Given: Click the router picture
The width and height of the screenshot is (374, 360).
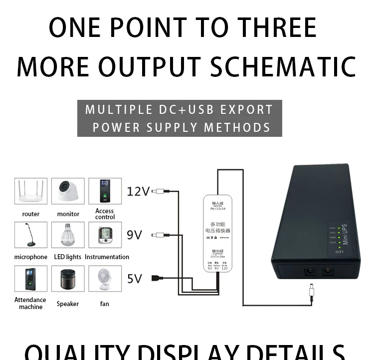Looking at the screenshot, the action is pyautogui.click(x=31, y=191).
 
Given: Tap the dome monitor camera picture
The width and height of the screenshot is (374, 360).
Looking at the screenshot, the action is pyautogui.click(x=68, y=191).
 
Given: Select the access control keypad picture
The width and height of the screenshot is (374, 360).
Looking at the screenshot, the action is pyautogui.click(x=105, y=191).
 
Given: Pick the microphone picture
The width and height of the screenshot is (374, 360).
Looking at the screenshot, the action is pyautogui.click(x=31, y=235).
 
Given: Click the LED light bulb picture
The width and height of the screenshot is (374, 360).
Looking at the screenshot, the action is pyautogui.click(x=68, y=235).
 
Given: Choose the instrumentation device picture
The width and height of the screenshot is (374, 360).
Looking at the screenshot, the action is pyautogui.click(x=105, y=235).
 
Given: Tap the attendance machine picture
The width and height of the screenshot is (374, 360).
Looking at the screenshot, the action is pyautogui.click(x=31, y=279).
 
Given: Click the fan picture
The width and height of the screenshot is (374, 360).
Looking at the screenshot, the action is pyautogui.click(x=105, y=279).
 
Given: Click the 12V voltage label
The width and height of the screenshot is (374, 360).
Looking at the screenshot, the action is pyautogui.click(x=138, y=191).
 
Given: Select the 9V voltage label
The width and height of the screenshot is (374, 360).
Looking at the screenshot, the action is pyautogui.click(x=134, y=234).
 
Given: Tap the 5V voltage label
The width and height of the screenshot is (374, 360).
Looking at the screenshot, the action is pyautogui.click(x=134, y=278).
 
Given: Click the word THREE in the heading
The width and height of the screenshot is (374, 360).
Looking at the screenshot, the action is pyautogui.click(x=277, y=27).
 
